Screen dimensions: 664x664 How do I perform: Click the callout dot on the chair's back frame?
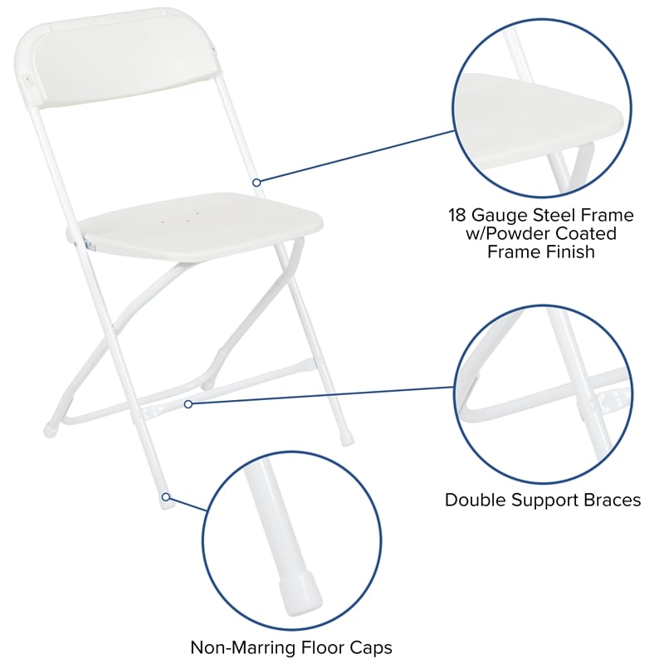tap(257, 182)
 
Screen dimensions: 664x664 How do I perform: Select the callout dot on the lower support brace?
tap(188, 404)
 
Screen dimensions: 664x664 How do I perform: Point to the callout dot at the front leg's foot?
tap(166, 497)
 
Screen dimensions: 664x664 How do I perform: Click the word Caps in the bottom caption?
tap(371, 647)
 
